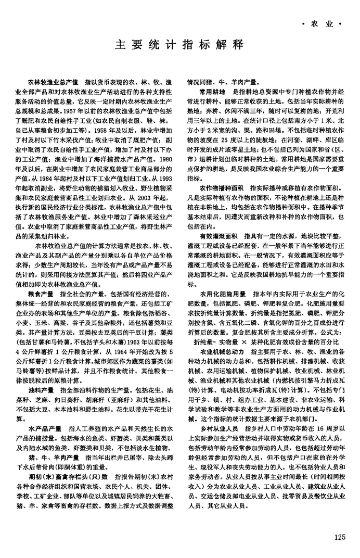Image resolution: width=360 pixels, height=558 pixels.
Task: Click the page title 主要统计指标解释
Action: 180,44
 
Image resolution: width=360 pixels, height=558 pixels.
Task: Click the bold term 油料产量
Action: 41,390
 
